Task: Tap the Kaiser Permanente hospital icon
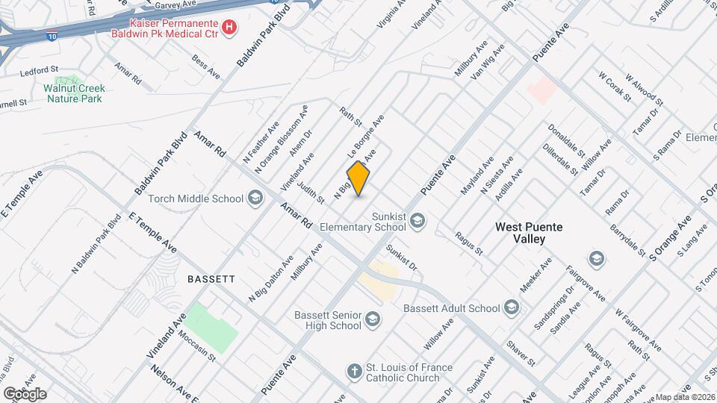230,28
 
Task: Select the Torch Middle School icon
256,198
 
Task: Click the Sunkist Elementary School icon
418,219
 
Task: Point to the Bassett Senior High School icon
373,320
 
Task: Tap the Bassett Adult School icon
512,307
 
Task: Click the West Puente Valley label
530,233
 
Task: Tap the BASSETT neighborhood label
211,278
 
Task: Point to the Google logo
25,393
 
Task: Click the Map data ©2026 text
685,397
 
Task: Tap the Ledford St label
40,72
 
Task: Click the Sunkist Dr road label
401,256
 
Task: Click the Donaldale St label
566,139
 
